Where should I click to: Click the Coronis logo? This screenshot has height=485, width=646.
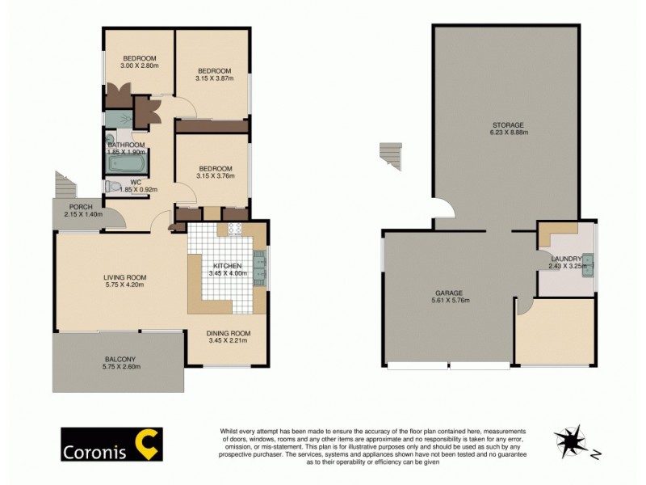[x=111, y=444]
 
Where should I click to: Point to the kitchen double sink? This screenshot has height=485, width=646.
[x=260, y=268]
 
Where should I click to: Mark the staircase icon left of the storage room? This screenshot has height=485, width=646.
[x=391, y=154]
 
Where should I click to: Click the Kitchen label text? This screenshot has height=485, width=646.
[x=227, y=266]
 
